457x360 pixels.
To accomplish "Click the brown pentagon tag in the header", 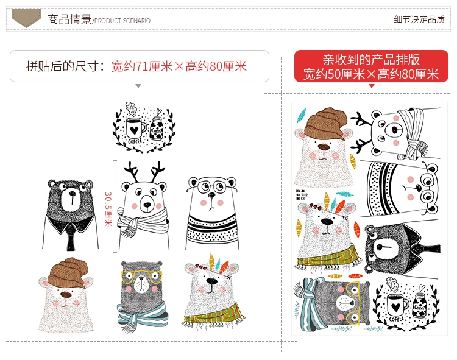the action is coord(26,17).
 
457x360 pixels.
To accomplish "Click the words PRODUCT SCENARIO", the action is coord(122,21).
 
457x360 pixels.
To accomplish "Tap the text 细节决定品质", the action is coord(419,19).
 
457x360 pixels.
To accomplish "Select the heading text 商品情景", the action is coord(69,19).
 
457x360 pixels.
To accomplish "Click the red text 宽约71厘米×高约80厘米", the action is coord(179,66).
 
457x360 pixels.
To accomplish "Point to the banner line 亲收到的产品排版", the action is coord(371,60).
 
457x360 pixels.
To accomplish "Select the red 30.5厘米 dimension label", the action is coord(108,209).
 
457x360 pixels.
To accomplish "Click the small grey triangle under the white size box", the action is coord(138,86).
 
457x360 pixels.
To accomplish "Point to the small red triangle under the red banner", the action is coord(371,86).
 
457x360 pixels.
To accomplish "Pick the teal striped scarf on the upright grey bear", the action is coord(142,317).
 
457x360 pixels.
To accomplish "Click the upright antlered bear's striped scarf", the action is coord(143,223).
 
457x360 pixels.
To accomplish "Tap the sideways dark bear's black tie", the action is coord(425,248).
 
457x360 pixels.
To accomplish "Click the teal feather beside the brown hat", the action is coord(302,115).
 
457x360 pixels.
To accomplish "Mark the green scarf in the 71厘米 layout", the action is coord(215,317).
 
